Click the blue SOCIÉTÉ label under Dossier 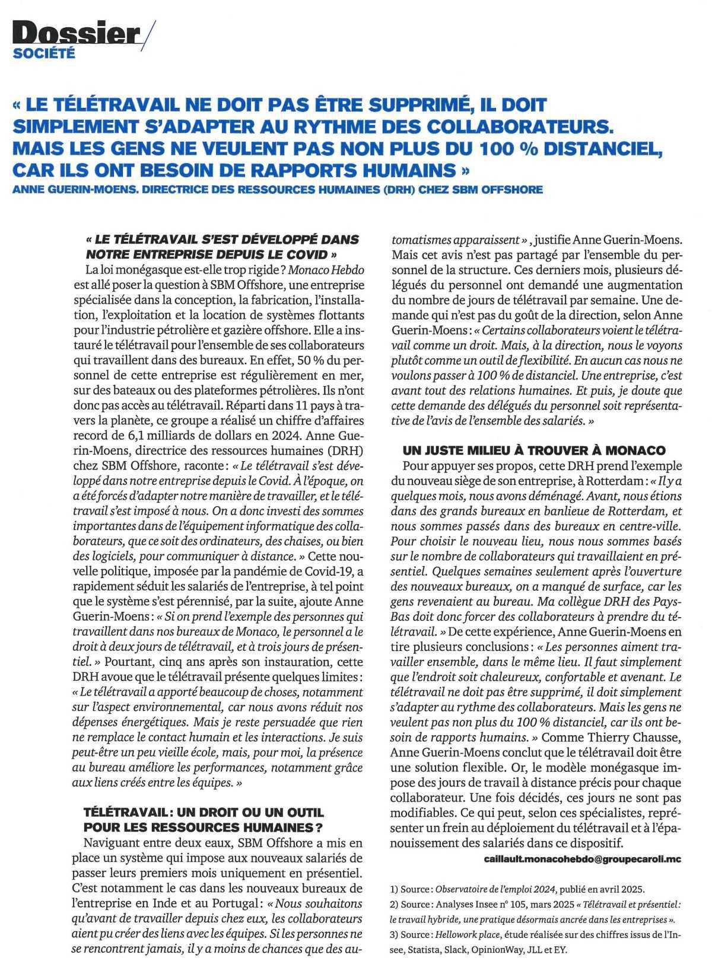[x=44, y=54]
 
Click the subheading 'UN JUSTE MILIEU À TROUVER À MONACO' [x=534, y=450]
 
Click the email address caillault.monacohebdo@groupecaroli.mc [x=583, y=858]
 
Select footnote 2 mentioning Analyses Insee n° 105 [x=534, y=905]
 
